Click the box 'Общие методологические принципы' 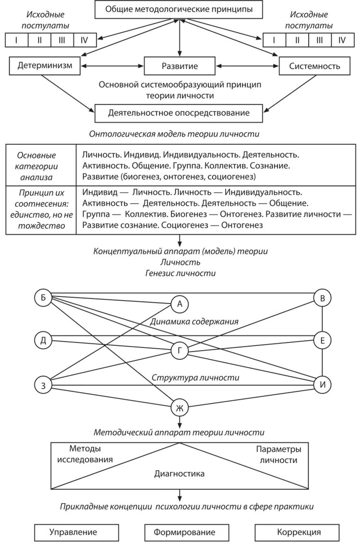[180, 10]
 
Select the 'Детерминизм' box [45, 66]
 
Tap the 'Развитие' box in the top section [180, 66]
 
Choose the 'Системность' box [315, 66]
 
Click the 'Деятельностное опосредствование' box [179, 113]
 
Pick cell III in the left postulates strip [62, 40]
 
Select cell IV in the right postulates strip [342, 40]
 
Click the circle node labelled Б [43, 297]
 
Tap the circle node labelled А [180, 304]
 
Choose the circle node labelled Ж [180, 408]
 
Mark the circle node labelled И [322, 384]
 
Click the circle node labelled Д [43, 341]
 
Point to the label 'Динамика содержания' [194, 321]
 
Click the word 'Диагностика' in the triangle [179, 473]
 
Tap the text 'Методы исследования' [85, 454]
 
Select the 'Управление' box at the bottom [76, 532]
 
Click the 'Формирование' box [184, 532]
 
